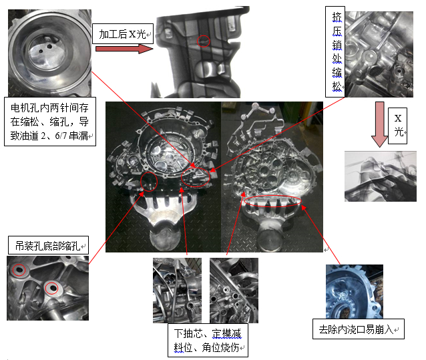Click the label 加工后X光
coord(123,34)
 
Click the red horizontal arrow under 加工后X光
coord(124,49)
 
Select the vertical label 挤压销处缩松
coord(335,51)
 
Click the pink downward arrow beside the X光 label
coord(379,124)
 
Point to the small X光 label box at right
coord(398,126)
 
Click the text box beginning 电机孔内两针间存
coord(50,122)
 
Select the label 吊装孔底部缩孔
coord(48,246)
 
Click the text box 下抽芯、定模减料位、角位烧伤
coord(208,340)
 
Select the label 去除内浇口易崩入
coord(359,329)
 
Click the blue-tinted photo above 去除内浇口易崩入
coord(355,291)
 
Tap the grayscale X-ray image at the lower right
coord(381,176)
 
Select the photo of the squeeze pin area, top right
coord(379,54)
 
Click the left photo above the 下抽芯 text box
coord(178,291)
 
